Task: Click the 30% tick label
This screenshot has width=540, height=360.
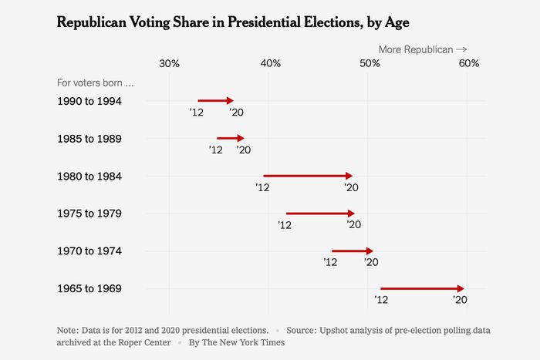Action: pos(169,63)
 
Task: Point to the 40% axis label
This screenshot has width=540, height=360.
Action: pos(270,63)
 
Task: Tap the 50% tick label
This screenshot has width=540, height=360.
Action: pos(369,63)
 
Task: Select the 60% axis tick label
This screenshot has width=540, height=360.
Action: pos(469,63)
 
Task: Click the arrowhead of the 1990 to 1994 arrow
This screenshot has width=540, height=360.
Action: pos(230,100)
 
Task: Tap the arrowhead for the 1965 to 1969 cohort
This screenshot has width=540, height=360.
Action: pos(461,288)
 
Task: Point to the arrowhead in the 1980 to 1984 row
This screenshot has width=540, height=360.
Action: pos(349,176)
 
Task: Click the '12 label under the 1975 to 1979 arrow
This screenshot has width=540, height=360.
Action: pos(285,225)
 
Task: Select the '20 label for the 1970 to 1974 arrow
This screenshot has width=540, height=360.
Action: pos(371,263)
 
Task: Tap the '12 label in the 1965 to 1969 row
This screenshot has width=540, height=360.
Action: pos(380,300)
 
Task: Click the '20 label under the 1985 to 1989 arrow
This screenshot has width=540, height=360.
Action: pos(244,150)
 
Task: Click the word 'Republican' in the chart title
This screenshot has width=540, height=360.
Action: pos(95,22)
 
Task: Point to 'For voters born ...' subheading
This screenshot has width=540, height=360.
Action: pos(96,82)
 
